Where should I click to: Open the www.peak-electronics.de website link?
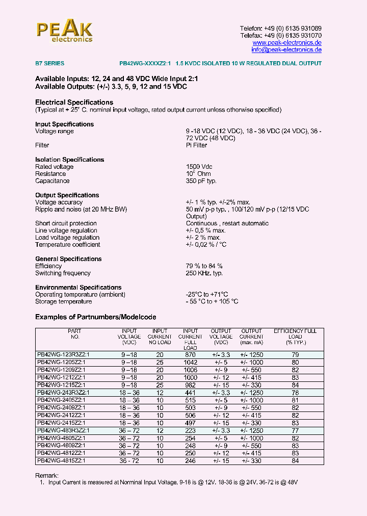pyautogui.click(x=287, y=43)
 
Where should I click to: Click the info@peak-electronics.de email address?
pyautogui.click(x=286, y=50)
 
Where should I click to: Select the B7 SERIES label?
pyautogui.click(x=49, y=64)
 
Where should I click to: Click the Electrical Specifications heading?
pyautogui.click(x=74, y=102)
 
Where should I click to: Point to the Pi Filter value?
pyautogui.click(x=196, y=145)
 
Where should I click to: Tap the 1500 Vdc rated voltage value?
pyautogui.click(x=199, y=167)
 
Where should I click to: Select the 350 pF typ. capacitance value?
pyautogui.click(x=201, y=181)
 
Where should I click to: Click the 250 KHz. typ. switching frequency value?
pyautogui.click(x=204, y=273)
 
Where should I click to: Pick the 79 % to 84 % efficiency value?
pyautogui.click(x=204, y=266)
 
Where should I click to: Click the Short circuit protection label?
pyautogui.click(x=66, y=223)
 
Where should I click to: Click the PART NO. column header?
pyautogui.click(x=74, y=334)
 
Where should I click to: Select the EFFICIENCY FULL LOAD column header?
pyautogui.click(x=295, y=337)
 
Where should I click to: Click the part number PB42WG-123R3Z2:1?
pyautogui.click(x=63, y=354)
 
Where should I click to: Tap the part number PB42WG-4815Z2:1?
pyautogui.click(x=61, y=460)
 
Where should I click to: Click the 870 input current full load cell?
pyautogui.click(x=191, y=354)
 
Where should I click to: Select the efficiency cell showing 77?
pyautogui.click(x=295, y=431)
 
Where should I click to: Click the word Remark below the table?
pyautogui.click(x=46, y=475)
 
